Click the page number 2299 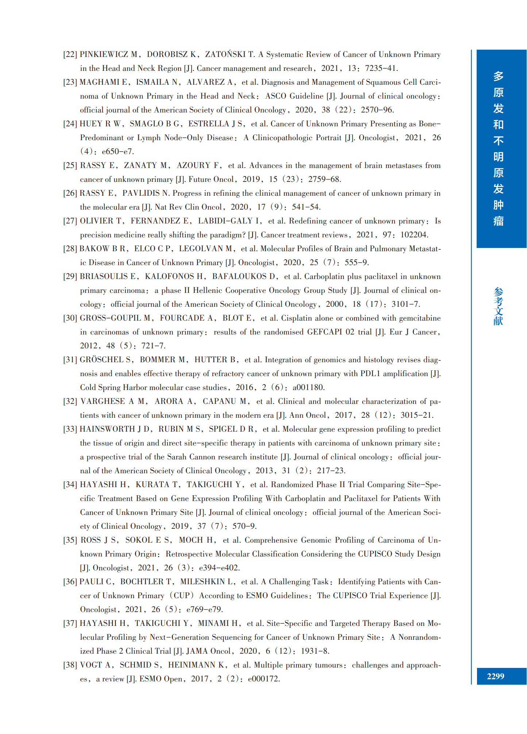coord(495,676)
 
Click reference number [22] coord(70,55)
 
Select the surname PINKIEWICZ coord(104,54)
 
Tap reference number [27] coord(70,221)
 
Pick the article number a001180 coord(308,387)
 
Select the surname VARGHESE coord(103,401)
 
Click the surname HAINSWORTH coord(107,429)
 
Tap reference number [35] coord(70,540)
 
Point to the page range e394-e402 coord(219,568)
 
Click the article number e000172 coord(263,679)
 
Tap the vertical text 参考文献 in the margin coord(498,306)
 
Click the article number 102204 coord(414,235)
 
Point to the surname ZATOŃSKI coord(225,54)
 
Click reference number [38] coord(70,665)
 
